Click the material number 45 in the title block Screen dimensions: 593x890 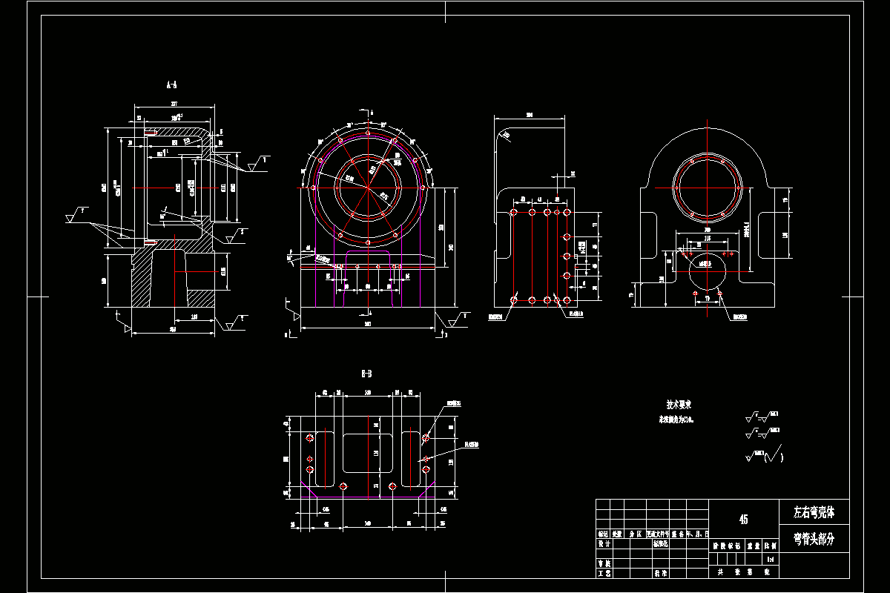[743, 520]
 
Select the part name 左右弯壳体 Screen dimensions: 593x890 [814, 512]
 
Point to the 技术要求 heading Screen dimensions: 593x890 [679, 405]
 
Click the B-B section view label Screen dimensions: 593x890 [366, 374]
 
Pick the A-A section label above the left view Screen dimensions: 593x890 [171, 86]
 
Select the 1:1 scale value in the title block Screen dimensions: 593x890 [771, 558]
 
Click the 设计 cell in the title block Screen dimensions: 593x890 [604, 543]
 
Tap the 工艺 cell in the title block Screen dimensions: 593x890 [604, 573]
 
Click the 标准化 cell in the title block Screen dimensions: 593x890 [660, 543]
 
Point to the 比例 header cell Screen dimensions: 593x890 [771, 543]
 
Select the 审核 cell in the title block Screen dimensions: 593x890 [604, 563]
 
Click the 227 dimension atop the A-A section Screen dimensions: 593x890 [174, 103]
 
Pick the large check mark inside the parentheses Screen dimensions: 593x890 [774, 454]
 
